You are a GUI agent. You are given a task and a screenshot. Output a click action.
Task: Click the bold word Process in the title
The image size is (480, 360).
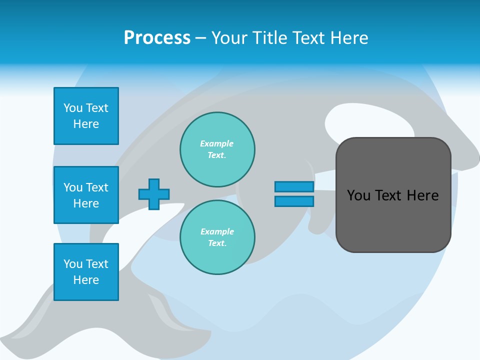pos(157,38)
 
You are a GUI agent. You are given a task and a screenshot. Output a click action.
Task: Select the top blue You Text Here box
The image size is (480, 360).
pos(86,116)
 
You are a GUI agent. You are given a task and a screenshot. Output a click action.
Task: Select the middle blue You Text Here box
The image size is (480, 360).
pos(86,195)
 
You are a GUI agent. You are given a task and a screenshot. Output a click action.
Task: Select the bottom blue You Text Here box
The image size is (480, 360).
pos(86,272)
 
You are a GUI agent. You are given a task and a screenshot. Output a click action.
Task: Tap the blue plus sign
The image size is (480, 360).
pos(154,194)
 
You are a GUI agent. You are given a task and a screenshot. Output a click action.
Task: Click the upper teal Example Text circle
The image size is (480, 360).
pos(217,149)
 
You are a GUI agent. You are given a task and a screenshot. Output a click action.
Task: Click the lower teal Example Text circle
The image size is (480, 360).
pos(217,237)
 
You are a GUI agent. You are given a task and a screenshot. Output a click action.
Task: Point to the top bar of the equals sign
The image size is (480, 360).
pos(294,187)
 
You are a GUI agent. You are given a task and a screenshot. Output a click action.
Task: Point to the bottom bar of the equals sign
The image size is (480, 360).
pos(294,201)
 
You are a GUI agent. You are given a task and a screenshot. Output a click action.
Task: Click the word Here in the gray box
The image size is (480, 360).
pos(422,195)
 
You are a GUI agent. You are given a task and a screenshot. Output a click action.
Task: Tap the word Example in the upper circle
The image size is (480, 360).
pos(216,143)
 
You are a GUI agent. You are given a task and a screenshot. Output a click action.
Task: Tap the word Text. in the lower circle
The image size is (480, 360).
pos(217,243)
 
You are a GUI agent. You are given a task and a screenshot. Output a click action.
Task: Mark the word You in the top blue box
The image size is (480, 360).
pos(73,108)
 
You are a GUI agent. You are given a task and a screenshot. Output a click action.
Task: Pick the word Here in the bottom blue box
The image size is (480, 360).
pos(86,280)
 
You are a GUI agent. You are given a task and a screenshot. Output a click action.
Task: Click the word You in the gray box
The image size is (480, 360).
pos(358,195)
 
